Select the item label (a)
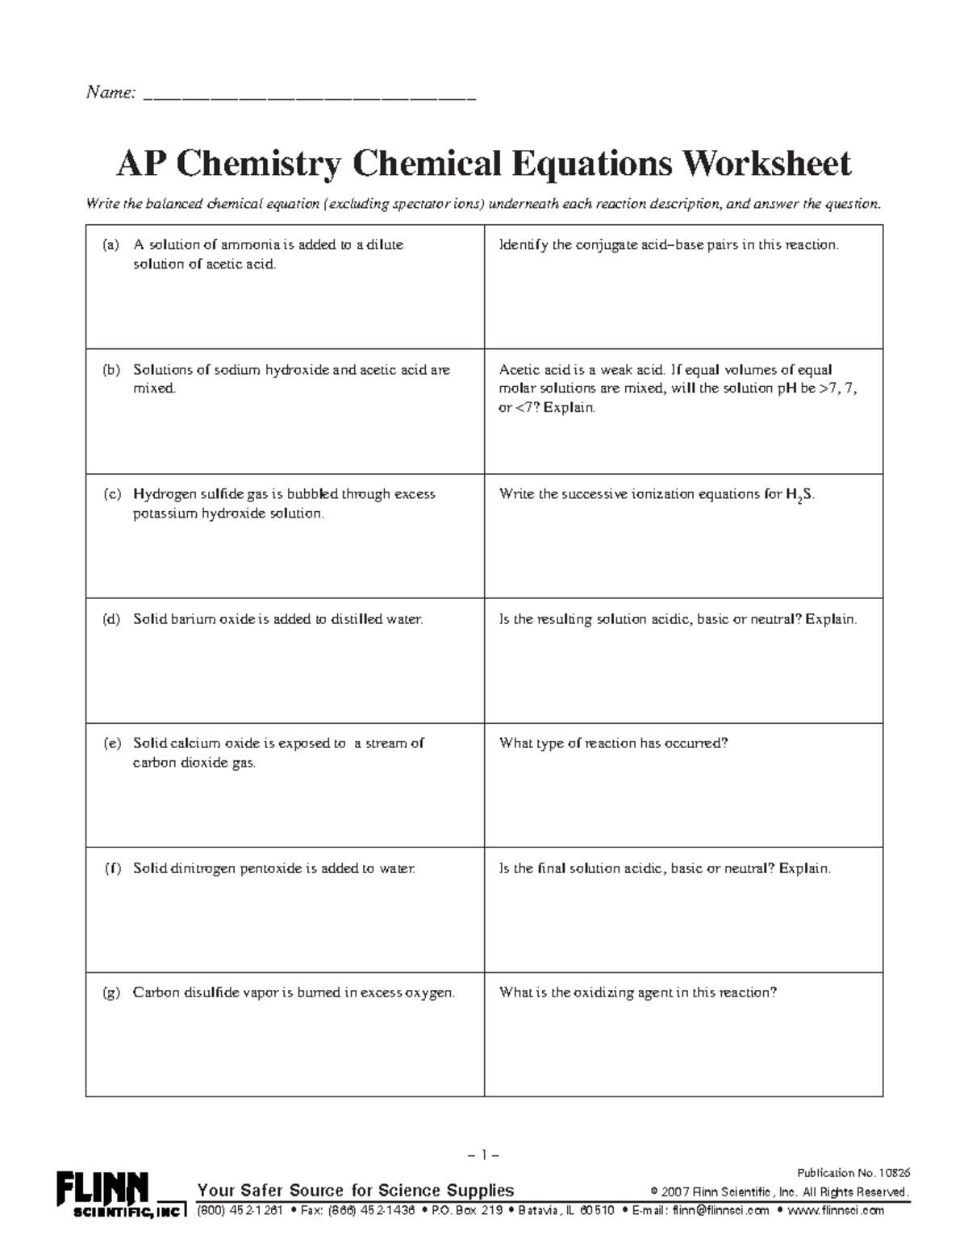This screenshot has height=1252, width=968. pos(111,245)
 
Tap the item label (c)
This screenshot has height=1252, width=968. pos(111,494)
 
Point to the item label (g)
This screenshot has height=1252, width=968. pos(111,992)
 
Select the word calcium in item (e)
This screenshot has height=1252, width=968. pos(195,743)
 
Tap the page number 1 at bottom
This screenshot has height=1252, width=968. pos(484,1154)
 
